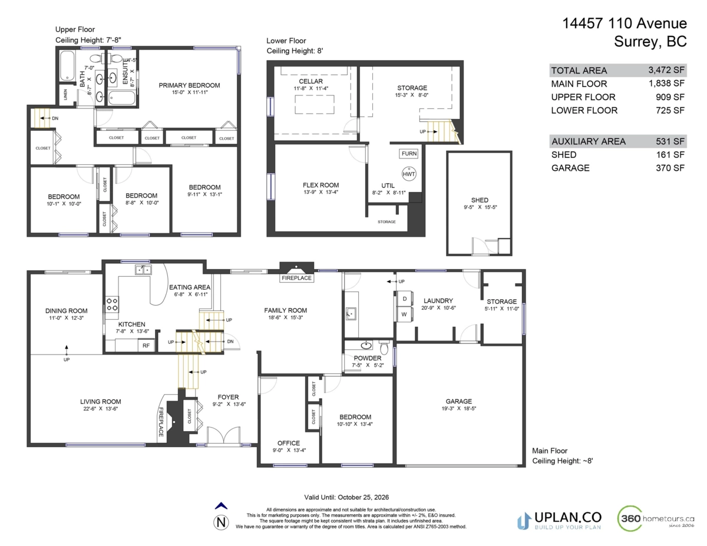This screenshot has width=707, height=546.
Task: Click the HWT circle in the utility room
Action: [409, 174]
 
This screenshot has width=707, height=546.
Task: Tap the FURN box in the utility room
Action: [409, 154]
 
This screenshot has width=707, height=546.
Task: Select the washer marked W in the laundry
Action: [404, 314]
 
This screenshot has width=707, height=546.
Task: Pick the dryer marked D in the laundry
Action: [404, 299]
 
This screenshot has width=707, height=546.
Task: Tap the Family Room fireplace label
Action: [297, 278]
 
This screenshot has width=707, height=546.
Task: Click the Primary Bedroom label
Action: [189, 85]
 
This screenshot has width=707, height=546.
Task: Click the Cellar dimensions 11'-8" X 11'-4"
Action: [310, 88]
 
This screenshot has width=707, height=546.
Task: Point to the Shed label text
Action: [480, 200]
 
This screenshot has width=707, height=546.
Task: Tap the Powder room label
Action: [367, 358]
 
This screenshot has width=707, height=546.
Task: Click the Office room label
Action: [288, 443]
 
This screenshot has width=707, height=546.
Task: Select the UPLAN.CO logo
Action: [559, 519]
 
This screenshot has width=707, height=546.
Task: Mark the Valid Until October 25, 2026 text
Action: [346, 497]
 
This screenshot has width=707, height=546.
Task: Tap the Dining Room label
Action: [66, 311]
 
